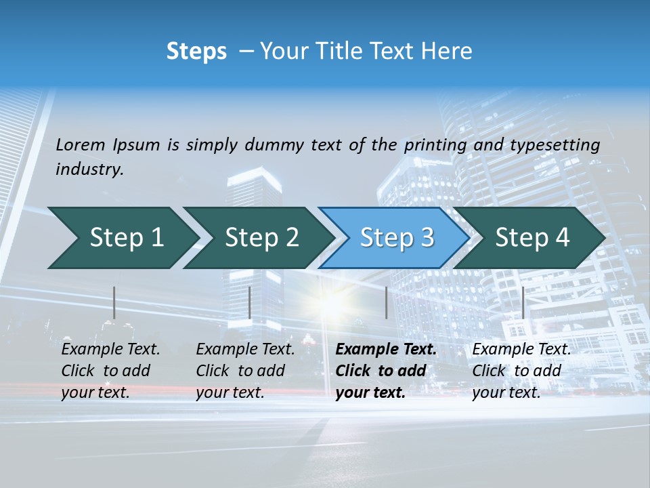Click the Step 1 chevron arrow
click(122, 238)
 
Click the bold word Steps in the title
click(196, 52)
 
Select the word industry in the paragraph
click(89, 169)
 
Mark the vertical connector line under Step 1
click(114, 302)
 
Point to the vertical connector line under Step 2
click(250, 302)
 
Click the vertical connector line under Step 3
click(386, 302)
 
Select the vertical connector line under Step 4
click(523, 302)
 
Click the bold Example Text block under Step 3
click(386, 371)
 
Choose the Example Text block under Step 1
click(110, 371)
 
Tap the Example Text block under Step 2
click(245, 371)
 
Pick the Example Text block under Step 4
click(521, 371)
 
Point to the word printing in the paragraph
click(435, 144)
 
